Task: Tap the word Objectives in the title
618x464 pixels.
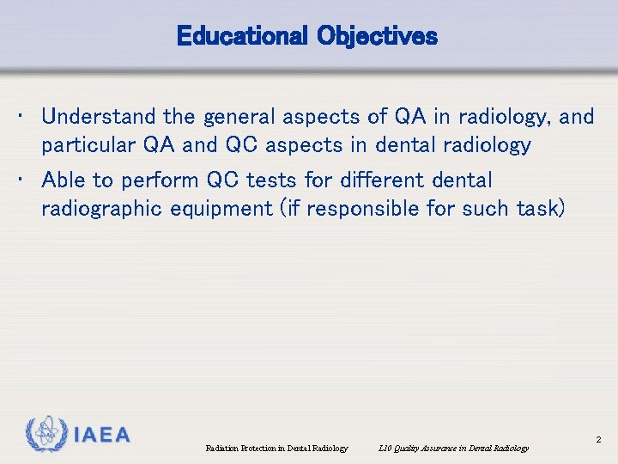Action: click(377, 37)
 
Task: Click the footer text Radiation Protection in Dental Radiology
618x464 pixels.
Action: click(277, 448)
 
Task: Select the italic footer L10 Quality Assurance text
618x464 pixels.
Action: click(453, 448)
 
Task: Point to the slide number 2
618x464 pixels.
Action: click(598, 440)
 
